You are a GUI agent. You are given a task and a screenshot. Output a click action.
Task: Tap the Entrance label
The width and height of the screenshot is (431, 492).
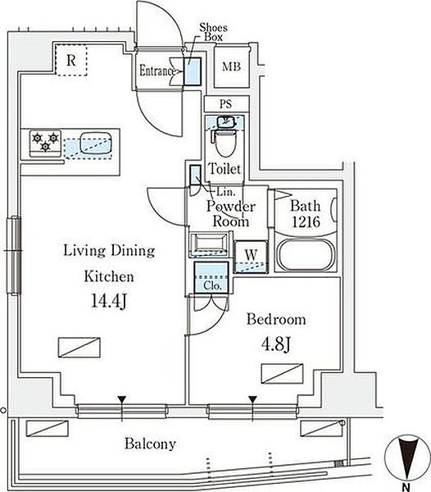click(157, 71)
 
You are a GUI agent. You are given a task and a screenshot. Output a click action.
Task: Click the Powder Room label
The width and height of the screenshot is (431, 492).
click(231, 213)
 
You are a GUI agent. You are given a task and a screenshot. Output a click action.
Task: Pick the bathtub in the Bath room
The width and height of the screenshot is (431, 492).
click(306, 254)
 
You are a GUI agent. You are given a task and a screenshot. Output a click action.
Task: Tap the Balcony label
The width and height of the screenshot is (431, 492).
click(151, 444)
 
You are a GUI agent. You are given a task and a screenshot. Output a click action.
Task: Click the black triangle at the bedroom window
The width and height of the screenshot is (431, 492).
click(252, 400)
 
